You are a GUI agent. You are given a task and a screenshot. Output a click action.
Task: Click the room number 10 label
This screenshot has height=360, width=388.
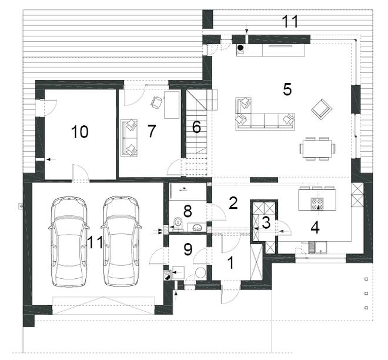[79, 132]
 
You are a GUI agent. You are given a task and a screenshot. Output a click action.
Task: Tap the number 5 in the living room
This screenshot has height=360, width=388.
[287, 89]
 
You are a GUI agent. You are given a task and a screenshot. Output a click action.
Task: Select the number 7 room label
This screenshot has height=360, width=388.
[152, 131]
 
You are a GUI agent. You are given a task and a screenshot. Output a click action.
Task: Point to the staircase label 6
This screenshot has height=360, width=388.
[196, 127]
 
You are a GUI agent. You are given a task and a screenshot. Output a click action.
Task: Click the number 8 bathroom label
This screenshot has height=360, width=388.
[188, 211]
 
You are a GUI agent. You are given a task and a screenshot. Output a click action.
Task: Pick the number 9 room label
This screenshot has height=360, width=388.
[188, 249]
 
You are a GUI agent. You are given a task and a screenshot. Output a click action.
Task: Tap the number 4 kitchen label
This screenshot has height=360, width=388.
[315, 228]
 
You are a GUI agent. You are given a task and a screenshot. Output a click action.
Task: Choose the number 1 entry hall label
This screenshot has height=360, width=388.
[230, 263]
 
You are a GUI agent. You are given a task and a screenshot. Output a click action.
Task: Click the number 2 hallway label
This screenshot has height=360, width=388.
[233, 203]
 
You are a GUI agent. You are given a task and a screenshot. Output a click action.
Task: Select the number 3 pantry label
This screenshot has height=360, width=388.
[266, 222]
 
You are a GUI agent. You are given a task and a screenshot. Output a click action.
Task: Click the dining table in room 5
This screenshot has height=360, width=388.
[317, 149]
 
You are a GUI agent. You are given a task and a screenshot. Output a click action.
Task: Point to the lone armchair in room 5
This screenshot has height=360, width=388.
[321, 108]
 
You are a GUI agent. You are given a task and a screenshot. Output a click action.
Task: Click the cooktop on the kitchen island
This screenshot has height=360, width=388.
[317, 204]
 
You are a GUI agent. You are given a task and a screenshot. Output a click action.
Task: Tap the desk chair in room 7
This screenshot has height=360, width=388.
[156, 102]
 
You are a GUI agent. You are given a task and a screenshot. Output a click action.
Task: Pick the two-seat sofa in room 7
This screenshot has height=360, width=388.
[129, 138]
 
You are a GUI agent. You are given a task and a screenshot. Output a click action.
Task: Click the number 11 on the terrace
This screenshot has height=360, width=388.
[290, 22]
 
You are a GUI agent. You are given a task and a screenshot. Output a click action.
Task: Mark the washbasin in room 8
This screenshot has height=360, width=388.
[197, 227]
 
